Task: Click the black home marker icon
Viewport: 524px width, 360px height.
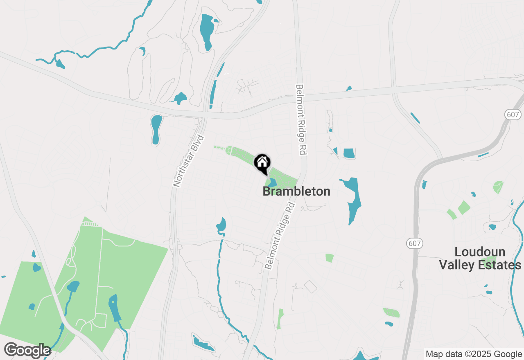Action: (x=262, y=163)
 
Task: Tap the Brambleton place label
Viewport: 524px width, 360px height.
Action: (x=296, y=191)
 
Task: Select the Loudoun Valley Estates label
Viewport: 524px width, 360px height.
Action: (x=480, y=258)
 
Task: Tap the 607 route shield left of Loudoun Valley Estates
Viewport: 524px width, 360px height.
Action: (x=414, y=243)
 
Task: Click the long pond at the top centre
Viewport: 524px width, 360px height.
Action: (x=207, y=32)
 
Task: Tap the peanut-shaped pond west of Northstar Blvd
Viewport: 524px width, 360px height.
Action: (x=156, y=129)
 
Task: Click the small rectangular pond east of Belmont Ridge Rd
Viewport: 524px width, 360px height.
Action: (x=349, y=153)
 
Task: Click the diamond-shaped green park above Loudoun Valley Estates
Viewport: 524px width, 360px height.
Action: (x=464, y=207)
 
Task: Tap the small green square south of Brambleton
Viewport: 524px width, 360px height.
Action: (x=329, y=258)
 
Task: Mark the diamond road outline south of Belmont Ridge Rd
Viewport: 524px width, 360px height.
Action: (x=310, y=287)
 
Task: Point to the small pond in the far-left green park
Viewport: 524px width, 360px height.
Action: (x=37, y=268)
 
